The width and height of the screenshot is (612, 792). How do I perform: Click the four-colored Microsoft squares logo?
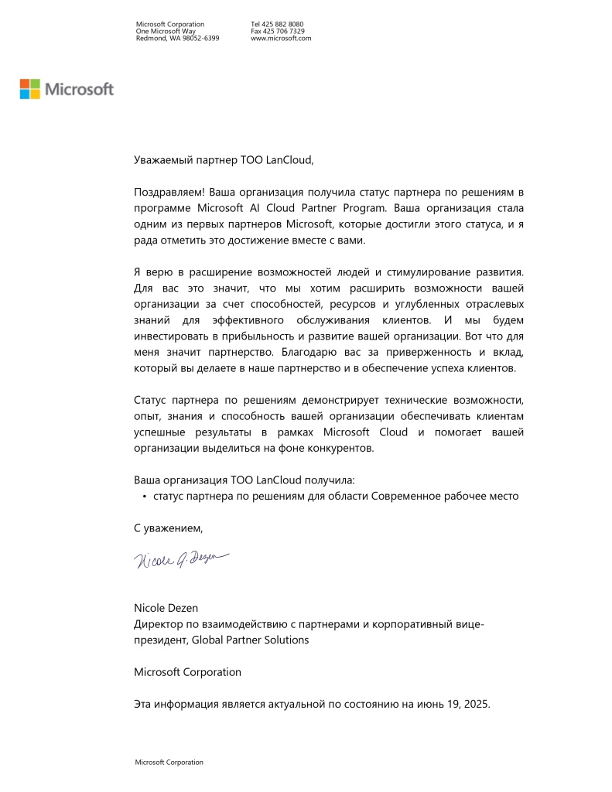(29, 89)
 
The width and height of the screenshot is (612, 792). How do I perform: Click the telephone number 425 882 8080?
(282, 25)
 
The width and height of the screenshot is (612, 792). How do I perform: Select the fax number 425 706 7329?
(283, 31)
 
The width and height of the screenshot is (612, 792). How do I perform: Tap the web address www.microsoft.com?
(281, 37)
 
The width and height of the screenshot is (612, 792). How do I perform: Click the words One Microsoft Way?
(160, 31)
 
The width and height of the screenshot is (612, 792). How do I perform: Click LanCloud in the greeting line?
(289, 160)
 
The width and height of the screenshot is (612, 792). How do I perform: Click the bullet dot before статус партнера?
(145, 496)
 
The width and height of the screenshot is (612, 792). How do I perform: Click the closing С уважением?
(169, 528)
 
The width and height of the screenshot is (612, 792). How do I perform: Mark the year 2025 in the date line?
(475, 705)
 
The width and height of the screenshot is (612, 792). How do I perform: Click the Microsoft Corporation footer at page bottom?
(169, 762)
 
